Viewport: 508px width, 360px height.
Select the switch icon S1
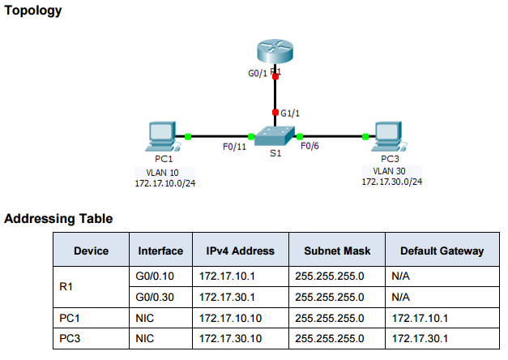(x=275, y=135)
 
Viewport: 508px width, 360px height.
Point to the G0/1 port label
(x=258, y=73)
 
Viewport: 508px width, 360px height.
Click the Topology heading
(x=32, y=11)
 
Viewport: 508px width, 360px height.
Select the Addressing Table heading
(x=58, y=218)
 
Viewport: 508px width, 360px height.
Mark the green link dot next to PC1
(x=187, y=136)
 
